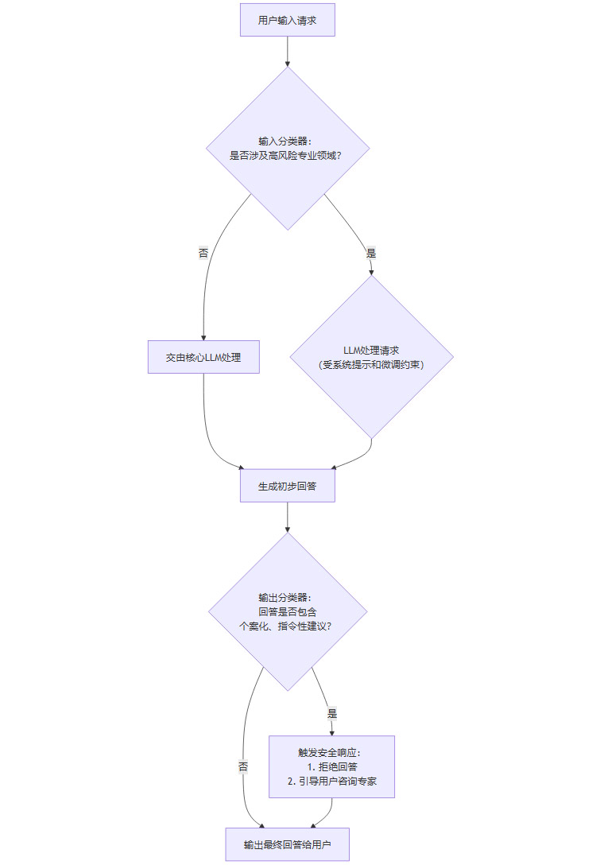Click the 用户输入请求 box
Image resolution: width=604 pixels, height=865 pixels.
tap(287, 21)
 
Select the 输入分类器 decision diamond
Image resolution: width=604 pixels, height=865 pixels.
tap(287, 149)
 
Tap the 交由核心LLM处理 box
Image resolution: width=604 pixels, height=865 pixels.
tap(203, 357)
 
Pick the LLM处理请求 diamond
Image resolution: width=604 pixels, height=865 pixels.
tap(371, 357)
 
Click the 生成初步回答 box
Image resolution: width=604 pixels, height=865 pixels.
tap(287, 486)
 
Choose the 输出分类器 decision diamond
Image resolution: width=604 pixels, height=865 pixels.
tap(287, 611)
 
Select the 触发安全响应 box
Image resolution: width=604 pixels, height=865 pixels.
tap(331, 766)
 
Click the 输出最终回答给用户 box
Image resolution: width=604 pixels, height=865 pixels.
tap(287, 844)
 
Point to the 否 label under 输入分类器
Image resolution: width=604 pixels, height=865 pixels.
tap(203, 254)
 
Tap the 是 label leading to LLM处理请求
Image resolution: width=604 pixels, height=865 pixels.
tap(371, 254)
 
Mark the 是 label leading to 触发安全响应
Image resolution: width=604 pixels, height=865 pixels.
tap(331, 713)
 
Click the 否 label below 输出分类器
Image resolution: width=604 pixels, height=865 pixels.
tap(243, 766)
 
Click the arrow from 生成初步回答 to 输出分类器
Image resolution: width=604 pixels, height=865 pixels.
tap(287, 517)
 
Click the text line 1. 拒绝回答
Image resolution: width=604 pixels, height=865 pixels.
tap(331, 766)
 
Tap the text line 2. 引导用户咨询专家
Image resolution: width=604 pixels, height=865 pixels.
tap(331, 782)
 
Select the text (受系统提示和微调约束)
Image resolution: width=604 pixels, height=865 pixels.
tap(371, 365)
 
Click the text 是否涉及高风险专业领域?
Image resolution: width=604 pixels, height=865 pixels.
tap(287, 156)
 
